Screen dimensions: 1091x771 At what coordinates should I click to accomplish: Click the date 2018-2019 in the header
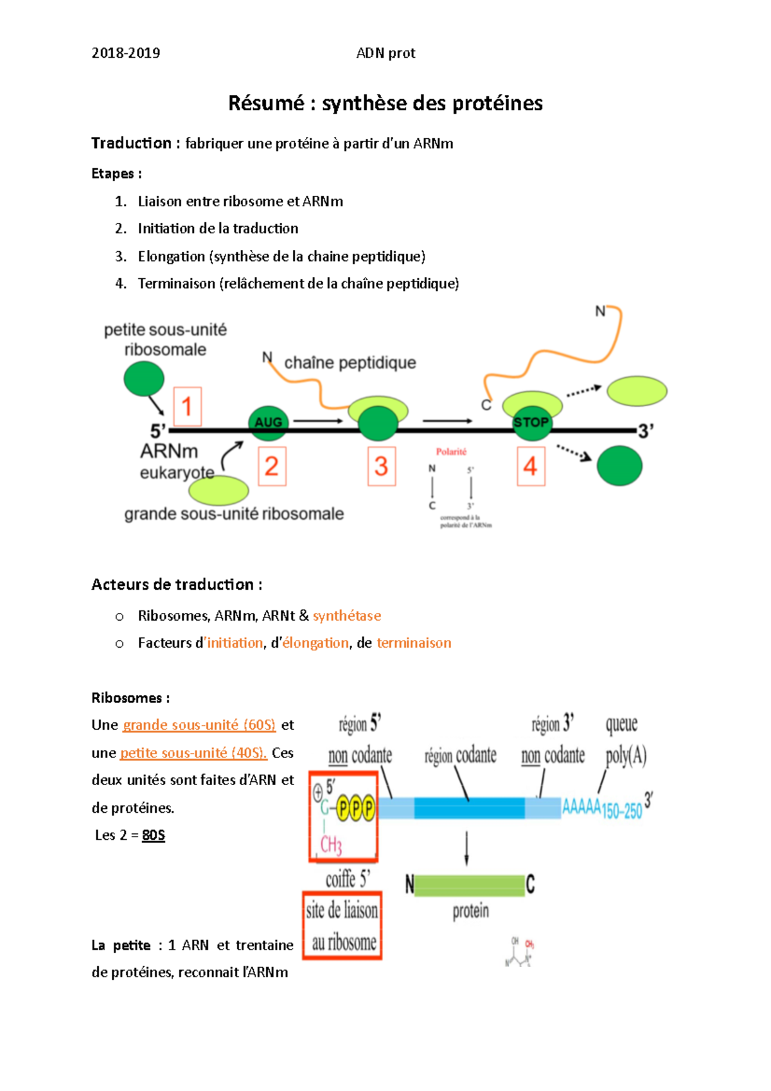(x=126, y=53)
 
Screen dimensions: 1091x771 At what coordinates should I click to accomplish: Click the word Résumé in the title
(x=266, y=103)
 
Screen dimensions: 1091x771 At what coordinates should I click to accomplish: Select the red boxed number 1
(x=187, y=407)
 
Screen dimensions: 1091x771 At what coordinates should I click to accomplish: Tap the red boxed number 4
(x=531, y=466)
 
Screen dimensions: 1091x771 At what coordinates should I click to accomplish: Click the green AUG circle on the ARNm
(x=268, y=422)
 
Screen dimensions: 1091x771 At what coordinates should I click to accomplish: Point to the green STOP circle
(x=531, y=423)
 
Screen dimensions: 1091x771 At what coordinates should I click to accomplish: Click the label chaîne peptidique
(x=350, y=363)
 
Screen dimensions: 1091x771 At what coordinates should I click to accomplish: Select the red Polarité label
(x=451, y=452)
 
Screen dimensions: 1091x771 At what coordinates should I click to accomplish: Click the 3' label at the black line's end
(x=646, y=431)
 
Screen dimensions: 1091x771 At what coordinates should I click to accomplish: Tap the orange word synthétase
(x=347, y=616)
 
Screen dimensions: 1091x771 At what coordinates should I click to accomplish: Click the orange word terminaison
(x=414, y=643)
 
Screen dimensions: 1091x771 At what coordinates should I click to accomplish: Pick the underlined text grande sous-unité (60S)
(x=199, y=725)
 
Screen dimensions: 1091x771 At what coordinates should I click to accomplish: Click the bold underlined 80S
(x=154, y=835)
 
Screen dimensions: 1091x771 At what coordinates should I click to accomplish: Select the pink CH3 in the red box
(x=331, y=844)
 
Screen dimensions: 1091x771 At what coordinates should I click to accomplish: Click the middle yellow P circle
(x=356, y=808)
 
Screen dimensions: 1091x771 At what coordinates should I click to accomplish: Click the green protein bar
(x=469, y=885)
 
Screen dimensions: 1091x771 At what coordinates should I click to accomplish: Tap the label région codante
(x=460, y=756)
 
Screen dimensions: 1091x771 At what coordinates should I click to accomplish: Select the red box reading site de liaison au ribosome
(x=342, y=926)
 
